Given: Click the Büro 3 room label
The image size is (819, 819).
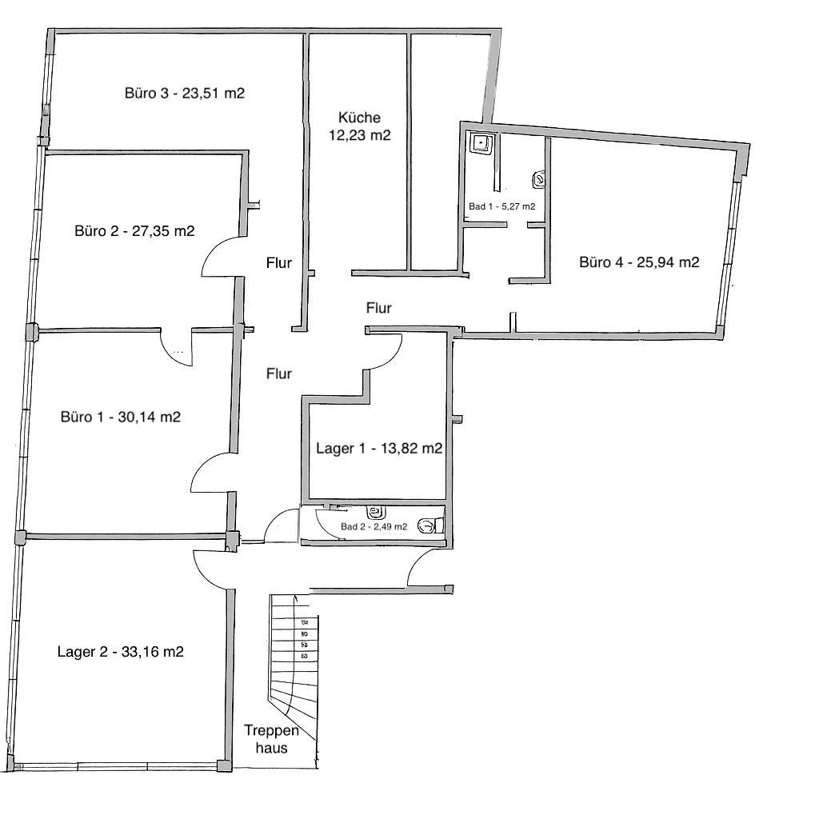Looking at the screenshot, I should [184, 93].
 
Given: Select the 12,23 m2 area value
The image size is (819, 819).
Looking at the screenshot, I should [359, 135].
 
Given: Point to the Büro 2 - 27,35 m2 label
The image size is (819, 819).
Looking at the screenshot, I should [135, 231].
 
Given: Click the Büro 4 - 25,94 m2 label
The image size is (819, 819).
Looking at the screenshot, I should [640, 262].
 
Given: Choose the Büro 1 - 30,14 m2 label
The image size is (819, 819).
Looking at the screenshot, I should [121, 417].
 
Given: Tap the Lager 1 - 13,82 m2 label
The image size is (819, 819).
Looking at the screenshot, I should [379, 449].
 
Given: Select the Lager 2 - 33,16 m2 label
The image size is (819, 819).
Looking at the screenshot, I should [121, 651].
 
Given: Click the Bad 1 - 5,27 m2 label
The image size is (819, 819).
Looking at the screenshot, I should [501, 207].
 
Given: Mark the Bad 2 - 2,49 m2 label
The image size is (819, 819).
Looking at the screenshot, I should [374, 526].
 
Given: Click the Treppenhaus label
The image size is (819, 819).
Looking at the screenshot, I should [272, 740].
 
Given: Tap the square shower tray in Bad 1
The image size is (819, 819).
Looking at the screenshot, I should [481, 144].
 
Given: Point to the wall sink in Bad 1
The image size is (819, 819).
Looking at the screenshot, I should [540, 180].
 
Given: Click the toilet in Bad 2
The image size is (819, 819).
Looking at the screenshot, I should [432, 525].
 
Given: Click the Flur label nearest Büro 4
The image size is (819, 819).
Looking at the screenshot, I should [378, 307].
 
